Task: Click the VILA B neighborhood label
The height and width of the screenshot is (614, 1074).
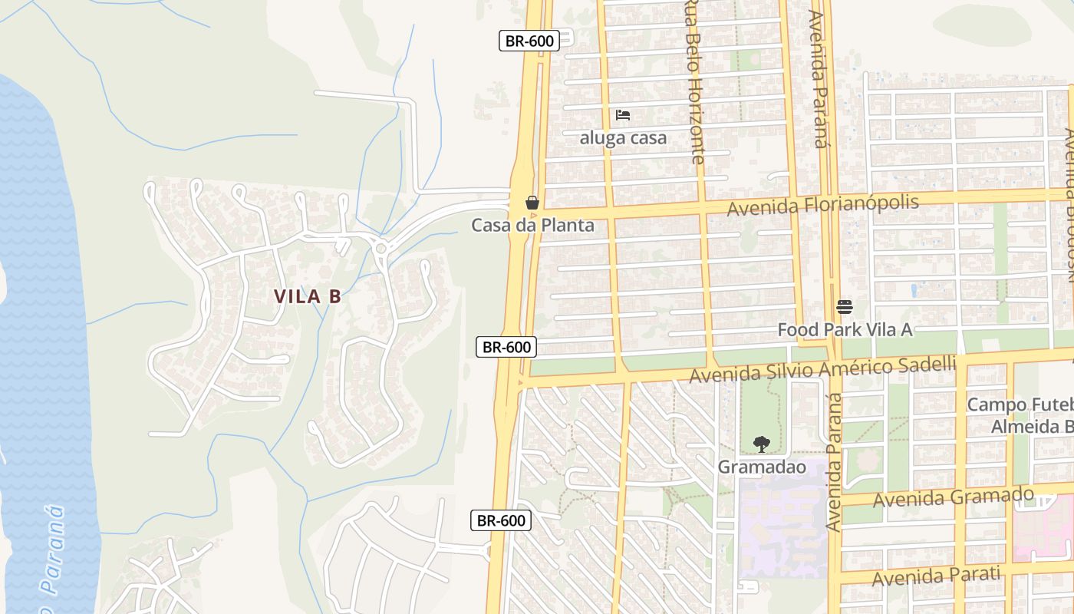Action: tap(307, 296)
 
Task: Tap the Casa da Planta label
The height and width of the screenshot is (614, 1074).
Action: tap(532, 225)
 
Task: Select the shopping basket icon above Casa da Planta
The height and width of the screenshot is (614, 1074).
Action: tap(532, 203)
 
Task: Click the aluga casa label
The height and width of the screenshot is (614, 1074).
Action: tap(623, 138)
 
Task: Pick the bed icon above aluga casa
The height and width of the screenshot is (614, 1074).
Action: tap(623, 115)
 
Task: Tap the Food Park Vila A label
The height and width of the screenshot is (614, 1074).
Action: tap(845, 329)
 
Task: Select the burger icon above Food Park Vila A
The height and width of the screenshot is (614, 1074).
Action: tap(845, 307)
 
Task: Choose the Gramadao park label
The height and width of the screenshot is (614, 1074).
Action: tap(762, 467)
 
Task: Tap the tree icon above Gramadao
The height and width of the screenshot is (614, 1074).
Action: tap(762, 444)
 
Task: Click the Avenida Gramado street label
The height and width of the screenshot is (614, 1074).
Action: tap(954, 497)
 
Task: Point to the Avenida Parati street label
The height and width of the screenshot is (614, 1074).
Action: tap(936, 576)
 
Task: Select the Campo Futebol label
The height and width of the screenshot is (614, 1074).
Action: tap(1020, 414)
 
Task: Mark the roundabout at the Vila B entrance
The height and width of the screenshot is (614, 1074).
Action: tap(381, 247)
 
